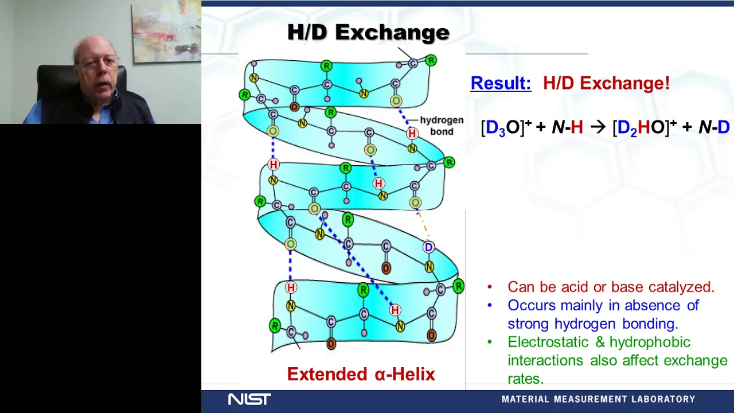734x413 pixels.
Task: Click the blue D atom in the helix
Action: point(428,247)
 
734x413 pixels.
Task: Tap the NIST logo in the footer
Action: point(249,399)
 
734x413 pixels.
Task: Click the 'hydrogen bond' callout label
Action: point(442,126)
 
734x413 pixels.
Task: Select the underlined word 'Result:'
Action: point(501,83)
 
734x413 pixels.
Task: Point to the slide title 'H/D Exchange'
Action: point(368,32)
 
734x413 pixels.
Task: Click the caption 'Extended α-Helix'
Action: point(361,374)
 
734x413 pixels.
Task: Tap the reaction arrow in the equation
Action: point(598,127)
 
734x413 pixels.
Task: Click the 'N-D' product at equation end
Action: point(715,127)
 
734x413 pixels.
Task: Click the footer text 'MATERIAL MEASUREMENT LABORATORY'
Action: point(598,399)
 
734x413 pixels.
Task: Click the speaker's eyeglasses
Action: point(97,61)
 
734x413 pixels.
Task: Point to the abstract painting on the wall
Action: point(166,32)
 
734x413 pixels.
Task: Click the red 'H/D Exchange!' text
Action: point(607,83)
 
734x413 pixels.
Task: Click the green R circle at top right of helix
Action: point(431,60)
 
